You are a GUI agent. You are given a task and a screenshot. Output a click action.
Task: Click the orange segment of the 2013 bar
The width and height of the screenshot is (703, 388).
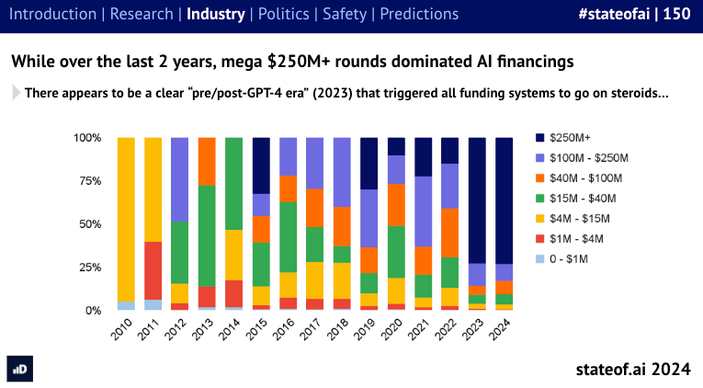click(208, 162)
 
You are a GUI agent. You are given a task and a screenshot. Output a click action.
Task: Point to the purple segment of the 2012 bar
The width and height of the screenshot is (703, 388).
click(181, 179)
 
